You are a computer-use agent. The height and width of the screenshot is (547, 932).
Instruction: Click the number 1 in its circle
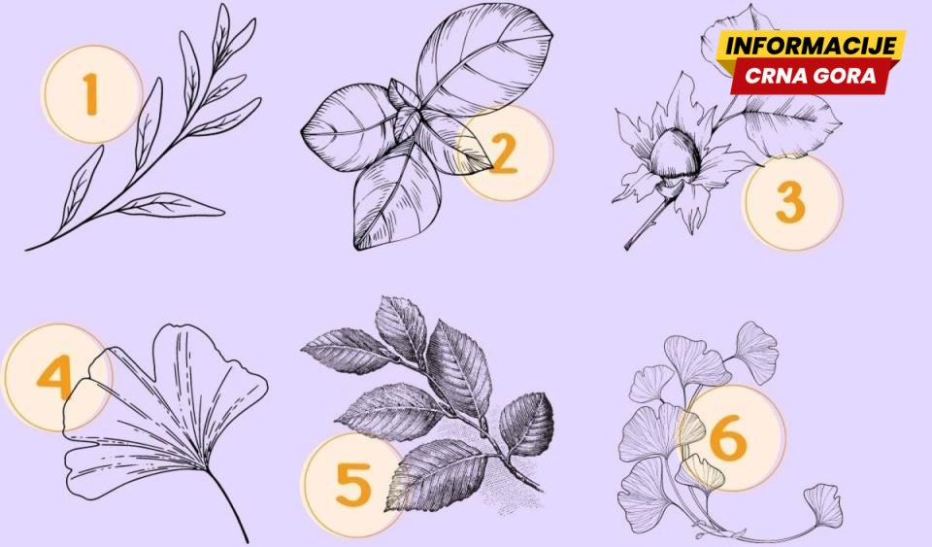point(90,94)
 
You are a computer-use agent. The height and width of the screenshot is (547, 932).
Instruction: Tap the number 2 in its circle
point(503,153)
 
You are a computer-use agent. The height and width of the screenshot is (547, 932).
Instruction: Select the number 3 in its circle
point(790,203)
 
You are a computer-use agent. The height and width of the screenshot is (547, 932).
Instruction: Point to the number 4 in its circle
point(54,377)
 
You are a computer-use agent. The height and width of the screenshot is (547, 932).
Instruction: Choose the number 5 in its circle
point(353,484)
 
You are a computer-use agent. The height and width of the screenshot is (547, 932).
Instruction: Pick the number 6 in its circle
point(729,438)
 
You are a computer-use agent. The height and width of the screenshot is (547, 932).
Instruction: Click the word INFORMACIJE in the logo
point(811,46)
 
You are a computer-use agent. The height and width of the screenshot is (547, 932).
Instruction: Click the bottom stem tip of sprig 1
point(27,249)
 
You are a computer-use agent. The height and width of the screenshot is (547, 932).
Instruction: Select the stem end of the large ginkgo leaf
point(246,540)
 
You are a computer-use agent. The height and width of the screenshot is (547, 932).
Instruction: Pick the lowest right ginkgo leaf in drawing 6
point(824,506)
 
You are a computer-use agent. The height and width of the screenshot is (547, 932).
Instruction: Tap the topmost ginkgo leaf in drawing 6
point(756,344)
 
